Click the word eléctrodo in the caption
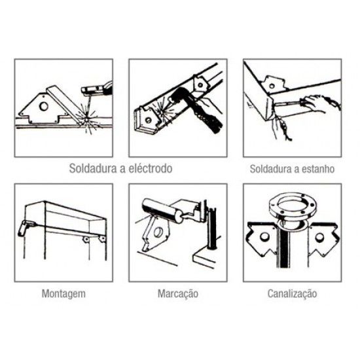tap(148, 168)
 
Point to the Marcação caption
tap(178, 293)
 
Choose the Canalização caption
tap(292, 293)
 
